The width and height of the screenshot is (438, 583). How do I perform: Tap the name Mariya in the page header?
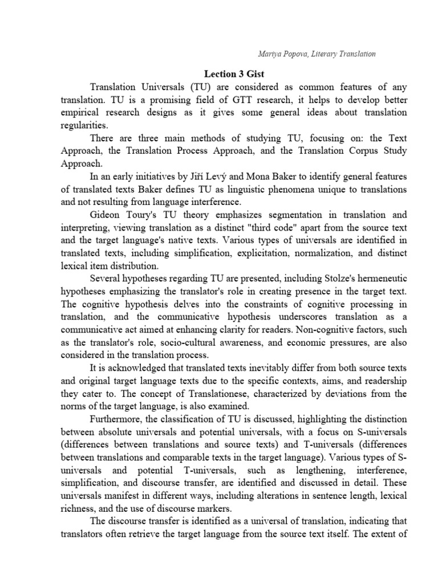[x=268, y=54]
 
